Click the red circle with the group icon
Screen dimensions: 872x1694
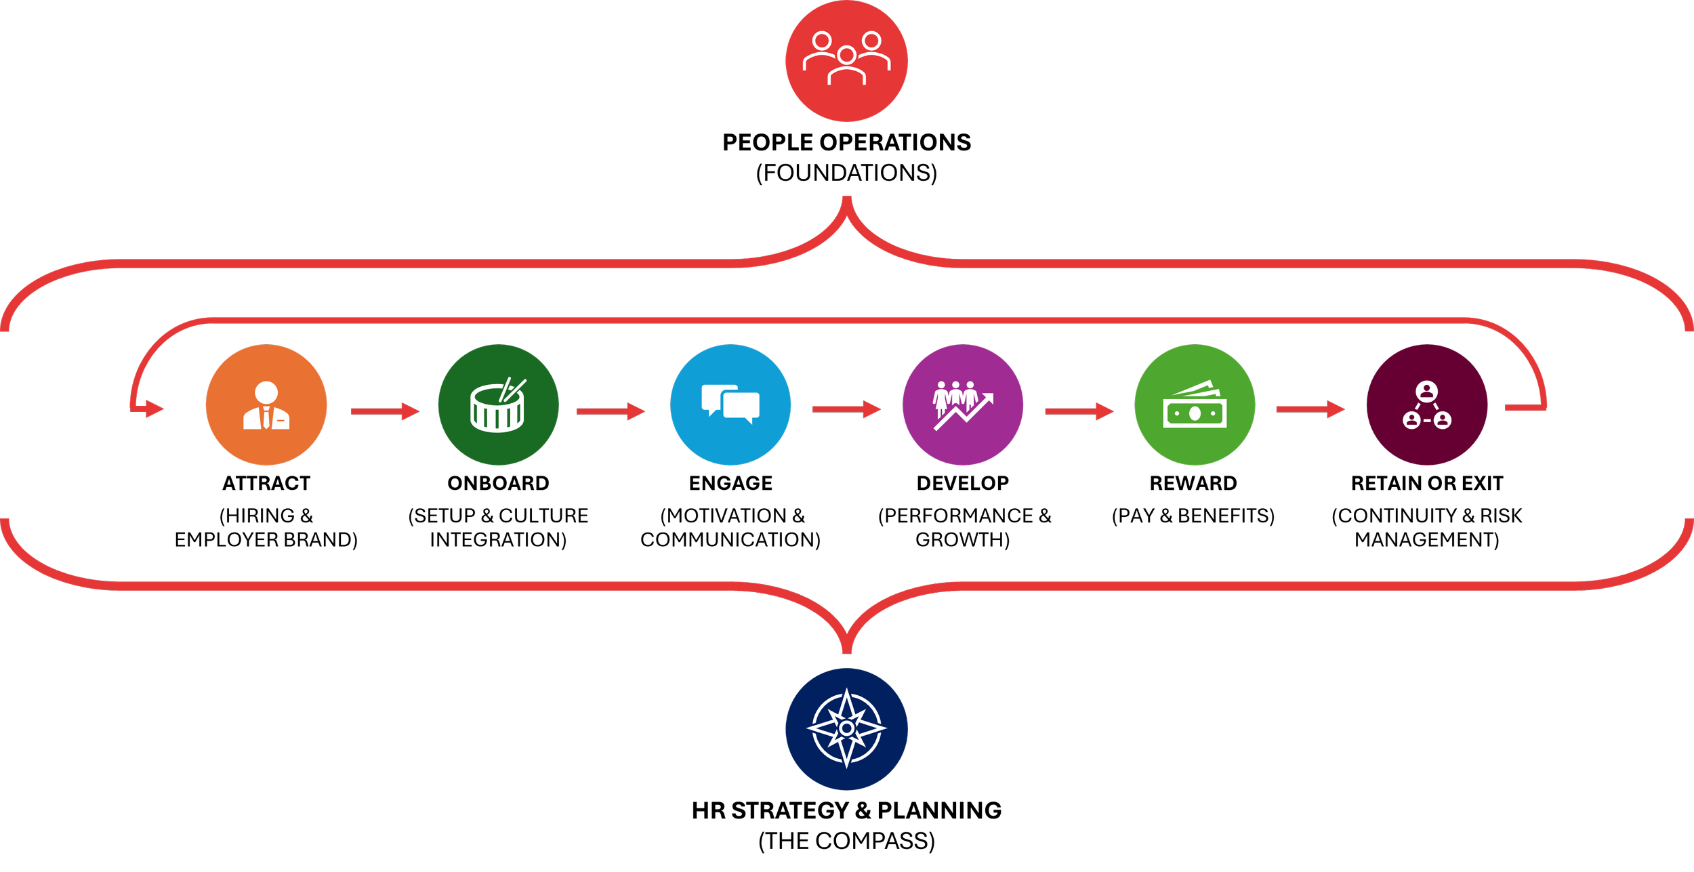click(x=846, y=61)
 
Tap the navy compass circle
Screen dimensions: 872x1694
click(x=846, y=728)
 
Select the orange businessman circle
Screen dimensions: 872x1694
click(x=266, y=404)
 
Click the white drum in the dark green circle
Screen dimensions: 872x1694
click(x=497, y=409)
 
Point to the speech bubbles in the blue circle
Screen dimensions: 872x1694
click(x=730, y=404)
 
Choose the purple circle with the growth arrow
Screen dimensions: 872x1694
click(x=963, y=404)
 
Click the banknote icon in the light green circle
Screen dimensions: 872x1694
click(x=1195, y=409)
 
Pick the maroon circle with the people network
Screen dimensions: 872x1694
click(x=1427, y=404)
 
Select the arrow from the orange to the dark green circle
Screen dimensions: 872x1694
click(x=385, y=411)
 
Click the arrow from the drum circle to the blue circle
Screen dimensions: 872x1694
click(x=610, y=411)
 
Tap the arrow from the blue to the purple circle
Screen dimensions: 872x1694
click(x=847, y=409)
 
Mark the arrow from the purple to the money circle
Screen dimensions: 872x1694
click(x=1079, y=411)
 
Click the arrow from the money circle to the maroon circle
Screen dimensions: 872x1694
click(x=1310, y=409)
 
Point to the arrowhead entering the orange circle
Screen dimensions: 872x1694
click(x=154, y=409)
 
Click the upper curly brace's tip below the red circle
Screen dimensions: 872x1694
click(x=846, y=201)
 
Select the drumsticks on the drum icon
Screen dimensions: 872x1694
click(x=512, y=390)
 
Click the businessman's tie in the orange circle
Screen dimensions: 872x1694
click(x=266, y=417)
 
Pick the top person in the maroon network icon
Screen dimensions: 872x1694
click(x=1427, y=391)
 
